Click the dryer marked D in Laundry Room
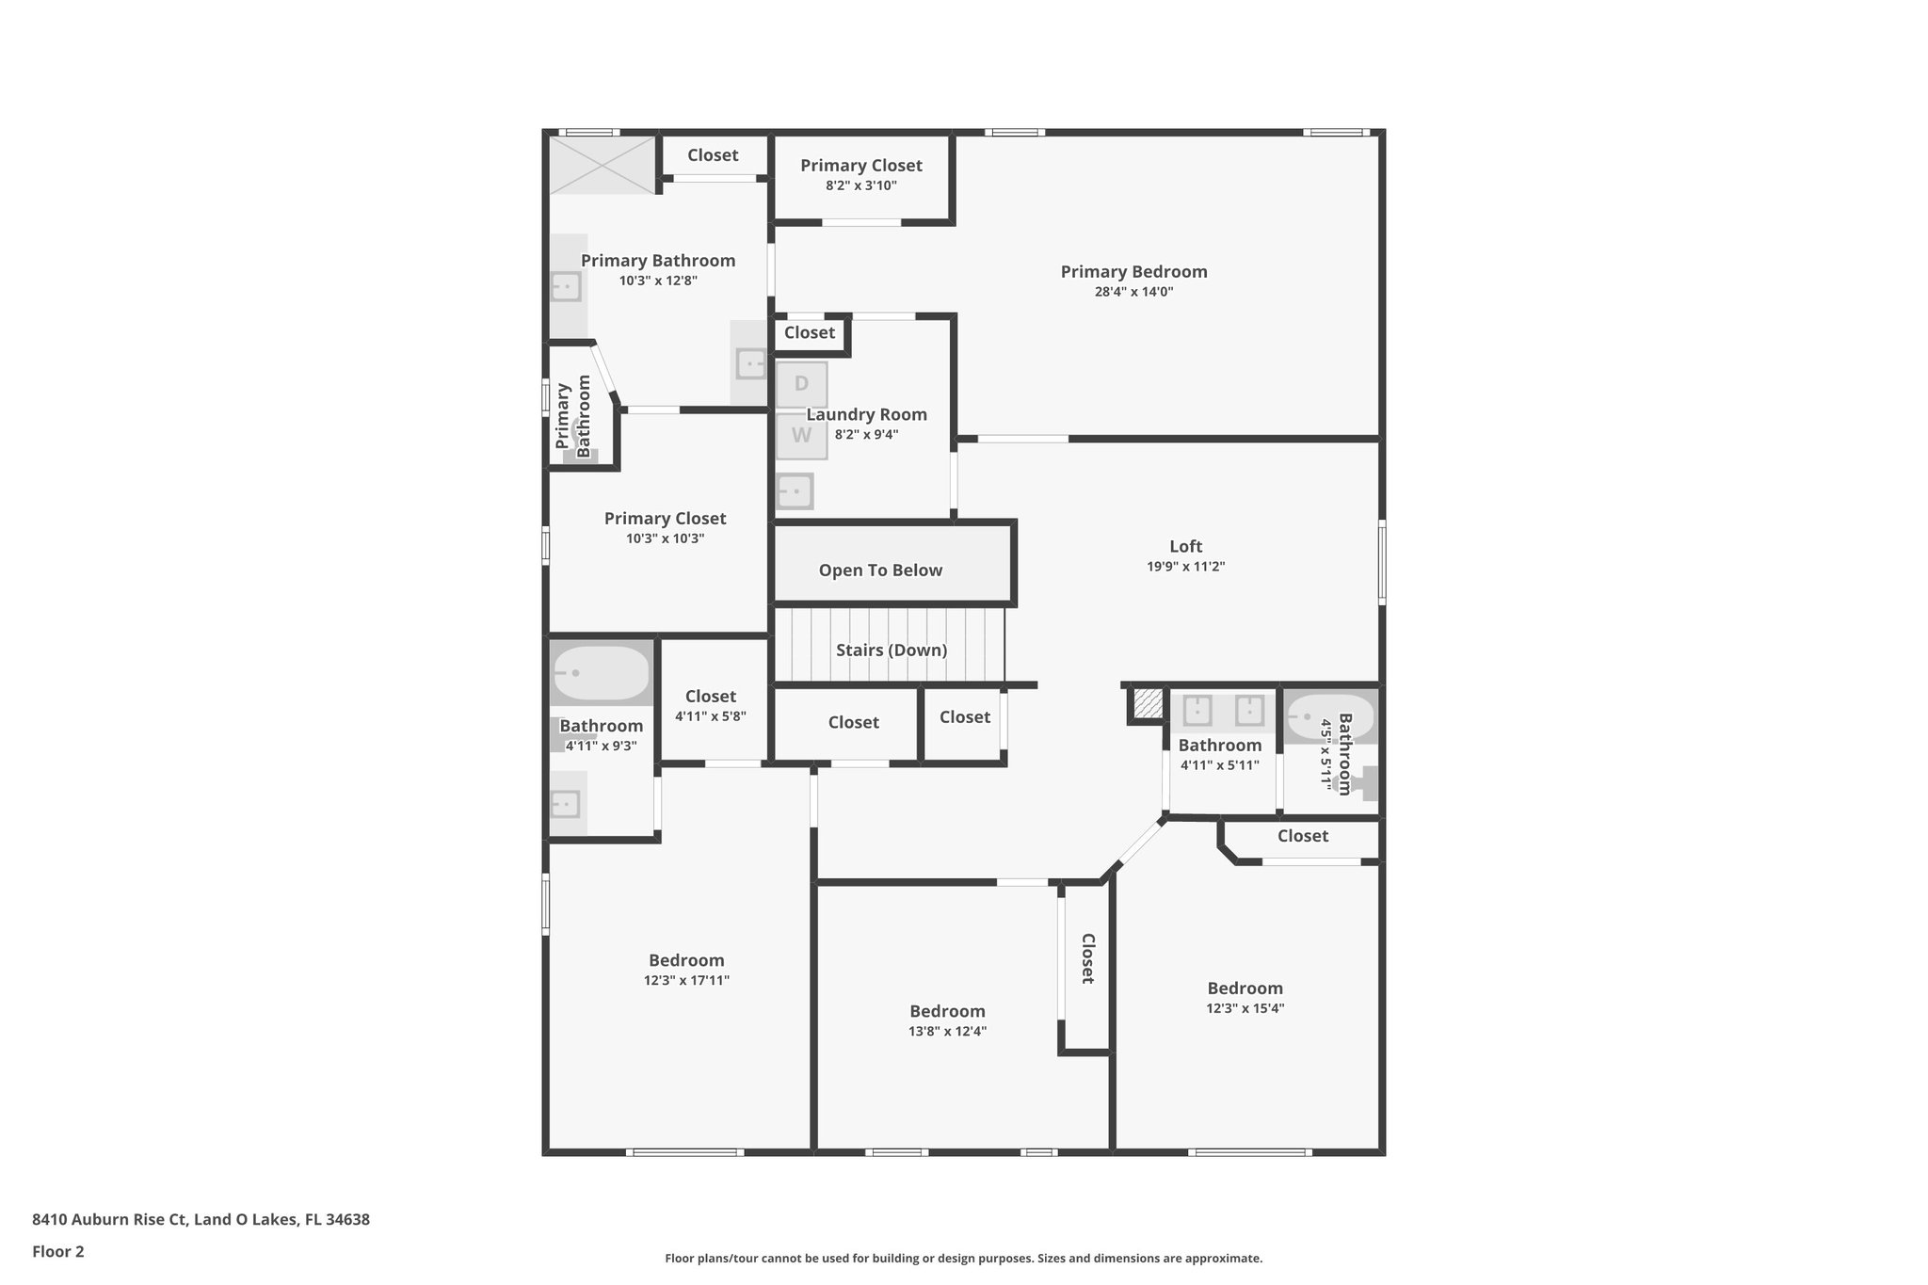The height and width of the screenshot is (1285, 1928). click(801, 384)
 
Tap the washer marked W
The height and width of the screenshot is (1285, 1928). click(801, 436)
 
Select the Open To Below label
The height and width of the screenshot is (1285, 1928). click(880, 570)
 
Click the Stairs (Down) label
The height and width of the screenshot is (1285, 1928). click(891, 651)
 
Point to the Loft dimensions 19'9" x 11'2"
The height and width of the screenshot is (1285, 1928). click(1185, 567)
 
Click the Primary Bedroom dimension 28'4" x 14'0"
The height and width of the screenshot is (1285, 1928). click(1133, 292)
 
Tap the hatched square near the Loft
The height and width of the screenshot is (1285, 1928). click(1148, 703)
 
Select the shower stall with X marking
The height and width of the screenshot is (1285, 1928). click(602, 165)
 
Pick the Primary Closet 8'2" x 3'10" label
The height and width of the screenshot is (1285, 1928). click(860, 166)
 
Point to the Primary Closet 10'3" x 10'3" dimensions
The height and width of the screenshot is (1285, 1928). click(665, 538)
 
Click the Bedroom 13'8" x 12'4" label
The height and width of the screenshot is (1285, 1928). click(947, 1012)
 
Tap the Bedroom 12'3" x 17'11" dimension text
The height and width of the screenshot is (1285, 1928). click(686, 980)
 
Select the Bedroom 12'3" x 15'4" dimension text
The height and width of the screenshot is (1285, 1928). click(1245, 1008)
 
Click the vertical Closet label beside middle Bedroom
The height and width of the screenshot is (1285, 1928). click(1087, 958)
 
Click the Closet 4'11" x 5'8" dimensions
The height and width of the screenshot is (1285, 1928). click(710, 716)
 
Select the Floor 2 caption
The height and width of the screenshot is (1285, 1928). click(58, 1251)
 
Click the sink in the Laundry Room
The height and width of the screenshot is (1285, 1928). click(795, 491)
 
